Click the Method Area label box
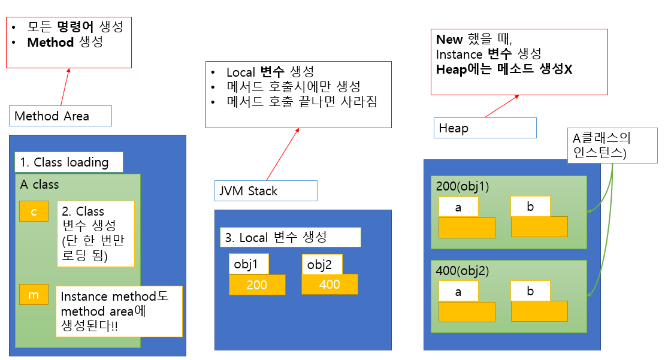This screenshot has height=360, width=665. coord(61,116)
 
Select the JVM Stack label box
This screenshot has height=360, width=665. coord(266,191)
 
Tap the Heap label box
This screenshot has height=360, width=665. coord(485,128)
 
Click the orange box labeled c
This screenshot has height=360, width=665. coord(34,211)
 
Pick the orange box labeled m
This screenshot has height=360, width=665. coord(34,294)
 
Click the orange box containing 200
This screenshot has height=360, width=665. coord(257,285)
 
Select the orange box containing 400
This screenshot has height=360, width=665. coord(330,284)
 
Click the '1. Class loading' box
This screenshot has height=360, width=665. coord(69,162)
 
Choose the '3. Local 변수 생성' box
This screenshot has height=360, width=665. coord(291,237)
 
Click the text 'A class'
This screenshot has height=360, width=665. coord(40,184)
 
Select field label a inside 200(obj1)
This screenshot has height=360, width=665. coord(458,207)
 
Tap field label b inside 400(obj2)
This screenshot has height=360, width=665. coord(531,291)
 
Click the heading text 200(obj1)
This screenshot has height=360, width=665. coord(463,186)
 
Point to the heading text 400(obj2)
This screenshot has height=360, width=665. coord(463,271)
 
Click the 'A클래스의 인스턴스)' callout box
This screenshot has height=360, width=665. coord(612,146)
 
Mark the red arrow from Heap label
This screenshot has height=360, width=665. coord(502,106)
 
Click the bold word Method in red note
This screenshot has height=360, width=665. coord(50,42)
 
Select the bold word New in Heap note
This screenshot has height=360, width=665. coord(449,40)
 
